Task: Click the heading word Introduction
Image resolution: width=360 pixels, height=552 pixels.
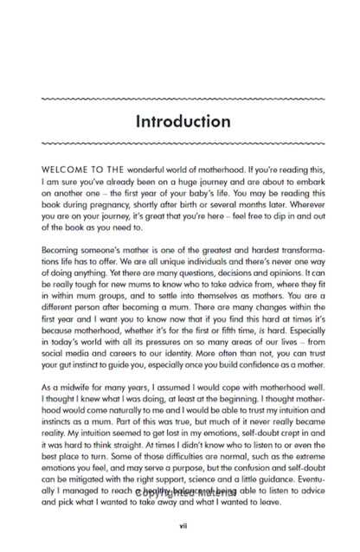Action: click(x=183, y=121)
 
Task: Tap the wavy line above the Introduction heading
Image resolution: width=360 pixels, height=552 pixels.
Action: click(x=183, y=99)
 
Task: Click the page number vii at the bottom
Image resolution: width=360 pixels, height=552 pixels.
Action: click(x=183, y=524)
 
